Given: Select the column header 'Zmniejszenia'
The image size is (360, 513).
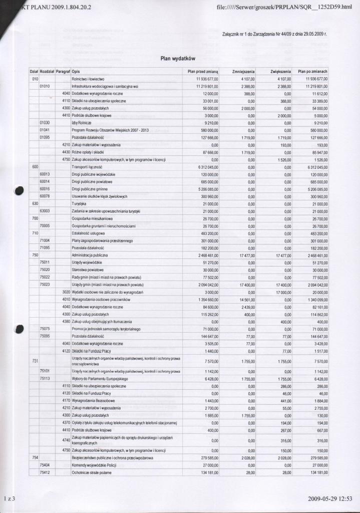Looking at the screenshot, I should (244, 72).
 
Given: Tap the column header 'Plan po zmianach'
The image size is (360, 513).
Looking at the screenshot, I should (313, 72).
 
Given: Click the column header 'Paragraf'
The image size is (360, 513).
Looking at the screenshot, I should (63, 72).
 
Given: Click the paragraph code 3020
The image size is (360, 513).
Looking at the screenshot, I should (66, 292).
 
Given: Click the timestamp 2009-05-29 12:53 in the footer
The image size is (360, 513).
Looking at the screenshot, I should (330, 499).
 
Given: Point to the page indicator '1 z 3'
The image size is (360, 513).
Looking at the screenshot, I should (10, 499).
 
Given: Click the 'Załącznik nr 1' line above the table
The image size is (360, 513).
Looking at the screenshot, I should (274, 35).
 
